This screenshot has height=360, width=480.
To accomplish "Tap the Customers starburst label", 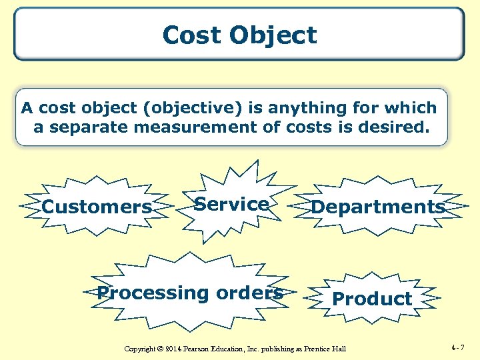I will [x=97, y=207].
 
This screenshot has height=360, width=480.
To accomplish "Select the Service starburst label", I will [x=231, y=204].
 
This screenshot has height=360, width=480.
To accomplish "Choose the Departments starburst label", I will [x=378, y=207].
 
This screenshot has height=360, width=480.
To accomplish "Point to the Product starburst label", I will [x=372, y=299].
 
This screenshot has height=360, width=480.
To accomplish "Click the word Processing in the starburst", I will [x=153, y=293].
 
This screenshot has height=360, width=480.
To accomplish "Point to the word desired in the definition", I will [x=391, y=127].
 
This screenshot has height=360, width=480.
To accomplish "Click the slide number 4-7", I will [x=459, y=347].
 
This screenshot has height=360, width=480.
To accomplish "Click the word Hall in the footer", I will [x=339, y=349].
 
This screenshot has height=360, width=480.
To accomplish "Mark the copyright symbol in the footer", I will [x=160, y=349].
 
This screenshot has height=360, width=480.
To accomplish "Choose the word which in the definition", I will [x=409, y=108].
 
